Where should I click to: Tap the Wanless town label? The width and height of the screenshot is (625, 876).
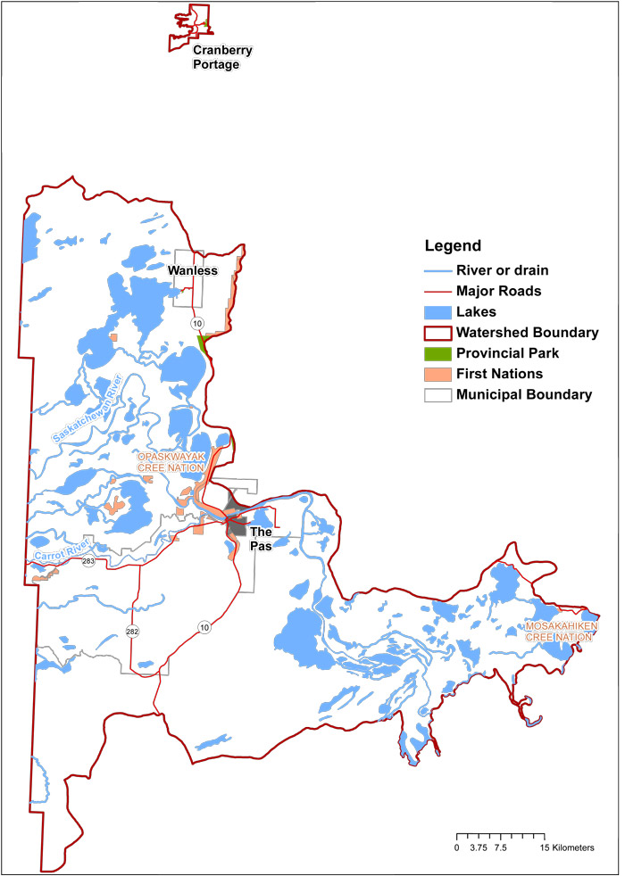(193, 270)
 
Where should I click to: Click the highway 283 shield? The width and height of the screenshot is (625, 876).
(87, 562)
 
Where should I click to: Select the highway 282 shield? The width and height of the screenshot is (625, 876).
(132, 632)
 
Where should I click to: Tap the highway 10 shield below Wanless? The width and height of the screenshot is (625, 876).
(194, 322)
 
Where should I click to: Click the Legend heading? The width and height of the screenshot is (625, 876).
(453, 246)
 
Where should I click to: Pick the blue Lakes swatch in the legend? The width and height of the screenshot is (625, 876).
(436, 311)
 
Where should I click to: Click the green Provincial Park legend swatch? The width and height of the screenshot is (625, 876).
(436, 353)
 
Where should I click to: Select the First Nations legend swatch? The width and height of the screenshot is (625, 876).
(436, 374)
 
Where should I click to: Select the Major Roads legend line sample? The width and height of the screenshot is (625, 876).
(436, 291)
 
